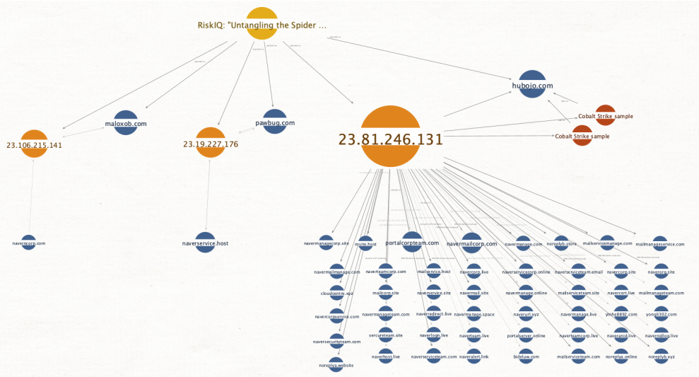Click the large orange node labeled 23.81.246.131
tap(390, 137)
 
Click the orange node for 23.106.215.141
tap(34, 144)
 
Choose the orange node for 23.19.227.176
tap(210, 142)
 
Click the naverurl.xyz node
tap(526, 313)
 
